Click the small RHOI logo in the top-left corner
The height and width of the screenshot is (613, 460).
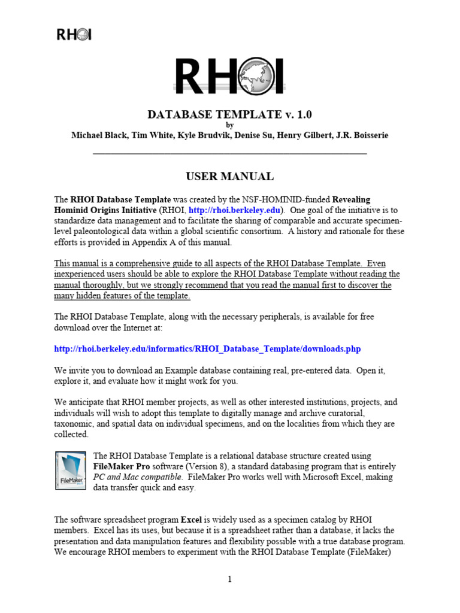coord(74,35)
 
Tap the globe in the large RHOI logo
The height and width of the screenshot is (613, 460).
coord(262,76)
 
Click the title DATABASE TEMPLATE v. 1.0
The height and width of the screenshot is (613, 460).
coord(230,114)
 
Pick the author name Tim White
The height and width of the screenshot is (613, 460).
coord(149,135)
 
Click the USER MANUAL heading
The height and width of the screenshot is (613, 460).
coord(230,176)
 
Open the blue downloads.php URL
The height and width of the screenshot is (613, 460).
coord(207,348)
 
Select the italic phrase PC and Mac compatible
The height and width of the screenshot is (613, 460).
coord(138,477)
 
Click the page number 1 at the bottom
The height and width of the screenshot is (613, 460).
coord(230,579)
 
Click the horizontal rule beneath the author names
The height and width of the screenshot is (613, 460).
coord(230,154)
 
